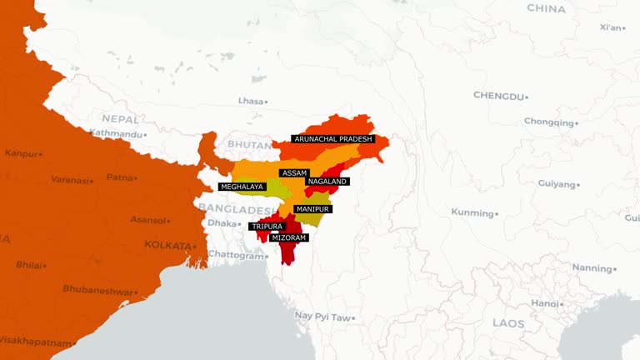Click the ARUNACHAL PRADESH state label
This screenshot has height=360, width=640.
tap(332, 139)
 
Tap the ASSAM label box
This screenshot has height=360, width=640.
tap(295, 172)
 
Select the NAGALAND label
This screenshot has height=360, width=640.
tap(327, 182)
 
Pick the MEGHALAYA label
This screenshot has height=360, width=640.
tap(242, 187)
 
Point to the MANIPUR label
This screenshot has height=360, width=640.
tap(312, 208)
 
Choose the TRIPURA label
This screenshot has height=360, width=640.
tap(267, 227)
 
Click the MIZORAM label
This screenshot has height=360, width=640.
tap(288, 237)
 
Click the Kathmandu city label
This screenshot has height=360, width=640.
tap(117, 133)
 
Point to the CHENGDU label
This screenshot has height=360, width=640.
tap(499, 96)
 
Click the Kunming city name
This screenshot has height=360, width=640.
tap(472, 212)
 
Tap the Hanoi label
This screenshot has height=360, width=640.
tap(545, 303)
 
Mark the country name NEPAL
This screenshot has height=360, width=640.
tap(120, 119)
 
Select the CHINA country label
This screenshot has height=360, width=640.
tap(546, 8)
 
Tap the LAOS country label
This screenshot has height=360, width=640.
tap(508, 322)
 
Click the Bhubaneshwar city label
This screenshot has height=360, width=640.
tap(97, 290)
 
